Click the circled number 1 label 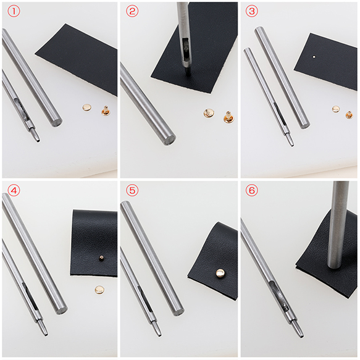14,11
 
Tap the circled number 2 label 132,11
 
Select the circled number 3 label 252,11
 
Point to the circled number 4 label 14,190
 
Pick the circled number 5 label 132,190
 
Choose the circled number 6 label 252,190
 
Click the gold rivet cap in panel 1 87,107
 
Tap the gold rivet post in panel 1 106,111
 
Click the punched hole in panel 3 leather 314,56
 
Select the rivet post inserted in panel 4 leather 101,258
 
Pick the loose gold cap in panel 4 99,290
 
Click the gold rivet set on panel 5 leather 220,273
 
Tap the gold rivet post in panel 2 228,117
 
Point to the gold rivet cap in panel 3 336,109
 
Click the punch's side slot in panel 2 185,48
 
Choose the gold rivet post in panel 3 350,115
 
